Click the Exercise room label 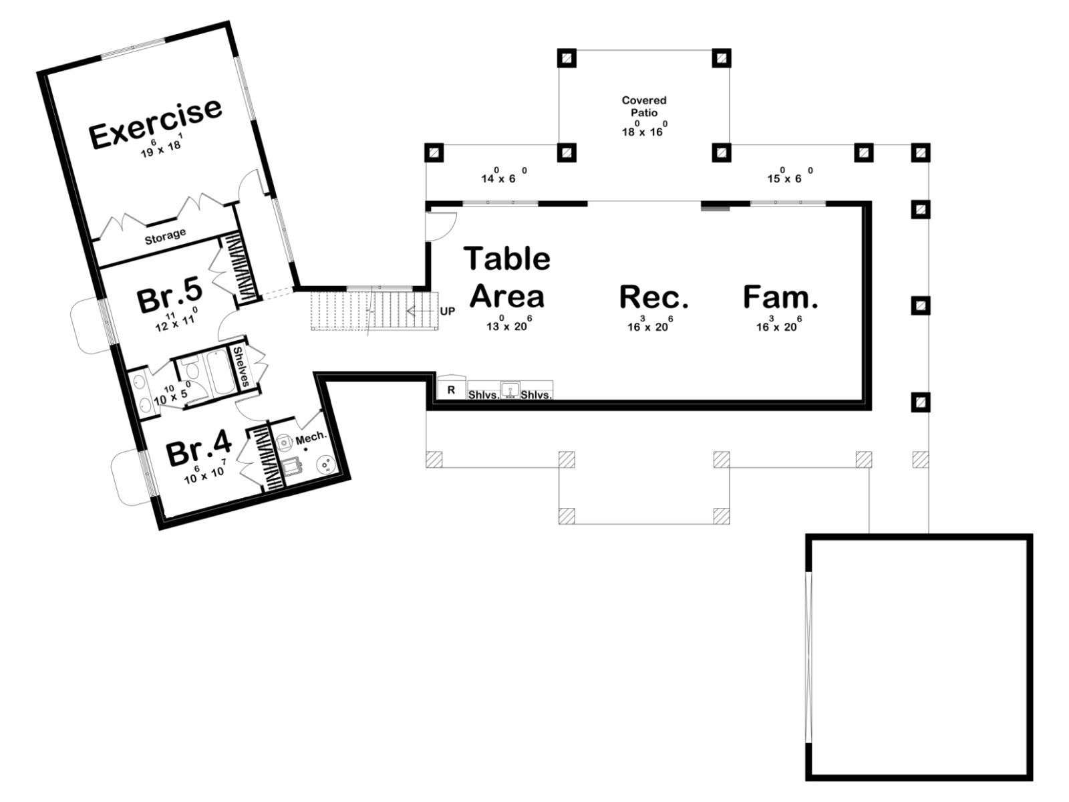point(156,123)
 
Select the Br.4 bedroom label point(199,451)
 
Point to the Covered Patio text point(644,106)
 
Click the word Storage point(165,236)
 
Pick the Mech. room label point(311,438)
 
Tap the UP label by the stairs point(448,311)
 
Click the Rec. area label point(654,297)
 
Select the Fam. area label point(780,297)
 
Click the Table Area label point(507,277)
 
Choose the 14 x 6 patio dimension point(504,175)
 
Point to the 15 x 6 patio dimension point(790,175)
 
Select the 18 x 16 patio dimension point(644,129)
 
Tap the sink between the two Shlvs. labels point(510,390)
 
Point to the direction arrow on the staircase point(421,311)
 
